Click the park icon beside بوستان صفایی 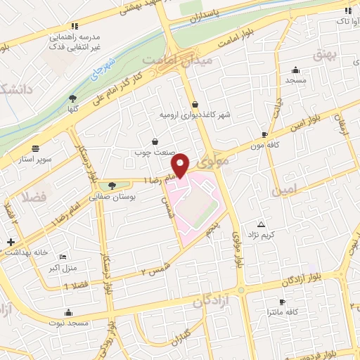(112, 185)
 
